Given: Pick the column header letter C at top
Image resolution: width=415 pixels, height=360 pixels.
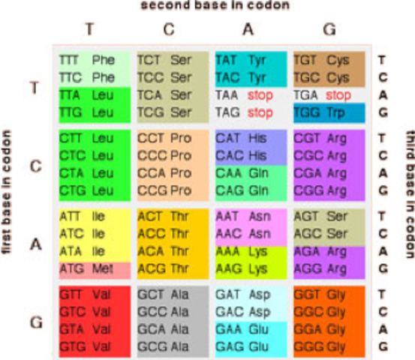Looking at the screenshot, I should tap(169, 29).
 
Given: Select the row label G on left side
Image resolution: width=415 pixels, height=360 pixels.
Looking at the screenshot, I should tap(35, 321).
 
